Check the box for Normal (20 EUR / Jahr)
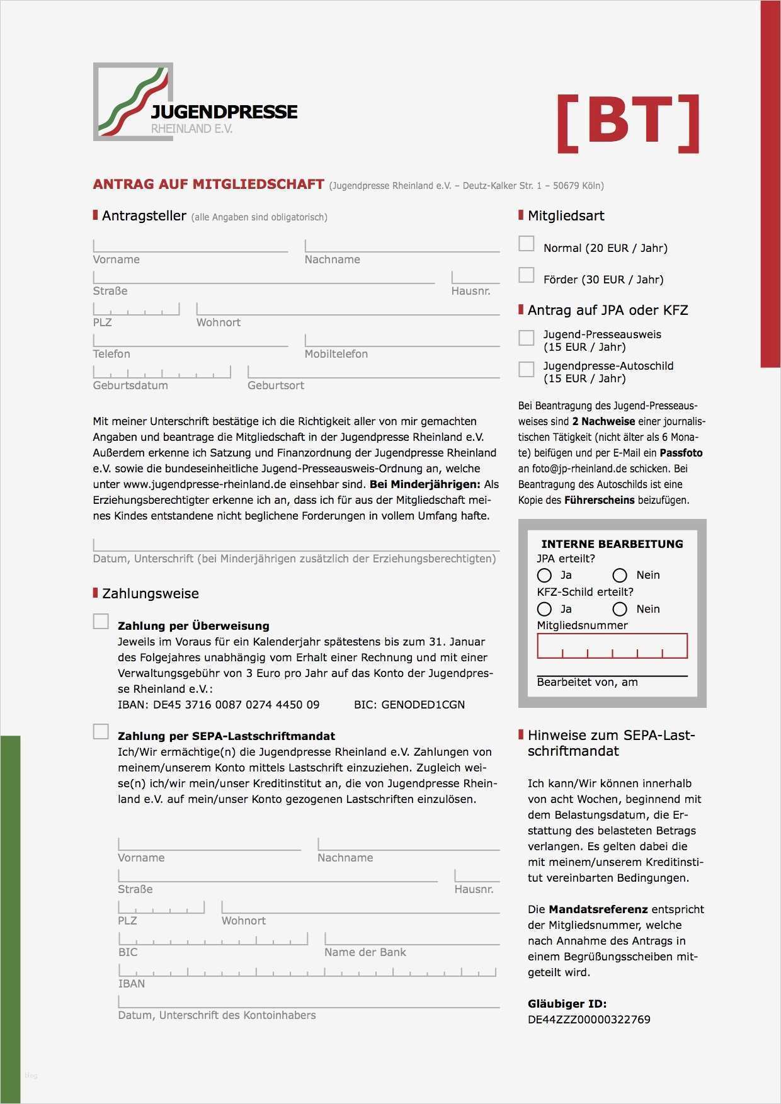pyautogui.click(x=526, y=244)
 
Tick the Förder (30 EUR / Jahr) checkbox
pyautogui.click(x=526, y=275)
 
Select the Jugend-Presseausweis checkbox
pyautogui.click(x=526, y=338)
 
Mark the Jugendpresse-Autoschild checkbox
pyautogui.click(x=526, y=369)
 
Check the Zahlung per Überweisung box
pyautogui.click(x=101, y=622)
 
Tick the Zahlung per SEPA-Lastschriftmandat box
pyautogui.click(x=101, y=732)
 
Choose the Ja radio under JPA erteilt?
pyautogui.click(x=544, y=575)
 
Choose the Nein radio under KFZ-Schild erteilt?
pyautogui.click(x=620, y=609)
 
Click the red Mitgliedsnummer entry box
pyautogui.click(x=612, y=646)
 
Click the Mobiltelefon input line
pyautogui.click(x=402, y=341)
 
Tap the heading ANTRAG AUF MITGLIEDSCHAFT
pyautogui.click(x=208, y=185)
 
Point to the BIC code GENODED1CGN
pyautogui.click(x=423, y=705)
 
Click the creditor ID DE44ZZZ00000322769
pyautogui.click(x=589, y=1020)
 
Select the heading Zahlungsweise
pyautogui.click(x=150, y=594)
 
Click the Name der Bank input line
pyautogui.click(x=411, y=939)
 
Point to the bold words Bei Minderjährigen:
pyautogui.click(x=425, y=484)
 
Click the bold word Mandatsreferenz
pyautogui.click(x=598, y=909)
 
